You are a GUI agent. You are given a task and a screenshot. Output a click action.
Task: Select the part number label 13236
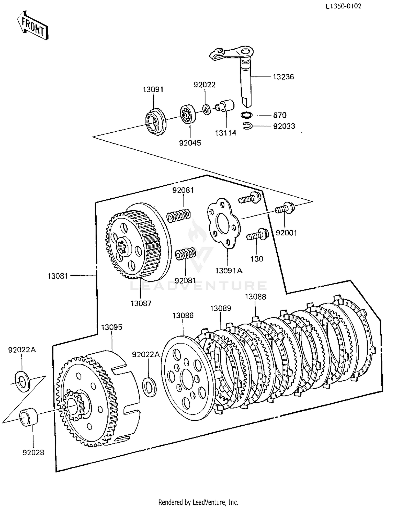(x=283, y=77)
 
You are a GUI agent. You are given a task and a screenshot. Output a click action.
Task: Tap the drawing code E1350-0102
(x=344, y=6)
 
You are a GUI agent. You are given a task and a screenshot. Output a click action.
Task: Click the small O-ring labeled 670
(x=247, y=115)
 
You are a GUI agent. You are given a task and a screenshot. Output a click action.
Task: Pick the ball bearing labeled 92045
(x=188, y=114)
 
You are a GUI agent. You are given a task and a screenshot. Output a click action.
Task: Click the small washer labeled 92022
(x=206, y=109)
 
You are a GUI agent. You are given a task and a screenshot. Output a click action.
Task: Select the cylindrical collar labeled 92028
(x=29, y=417)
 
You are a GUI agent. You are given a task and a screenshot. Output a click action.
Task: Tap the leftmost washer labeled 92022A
(x=22, y=381)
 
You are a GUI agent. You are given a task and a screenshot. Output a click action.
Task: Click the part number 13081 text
(x=58, y=276)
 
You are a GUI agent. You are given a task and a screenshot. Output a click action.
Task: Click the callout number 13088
(x=255, y=297)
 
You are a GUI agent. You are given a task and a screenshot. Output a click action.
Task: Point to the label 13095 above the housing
(x=112, y=327)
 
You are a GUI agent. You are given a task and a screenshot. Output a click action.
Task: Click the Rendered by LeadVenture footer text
(x=198, y=502)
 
